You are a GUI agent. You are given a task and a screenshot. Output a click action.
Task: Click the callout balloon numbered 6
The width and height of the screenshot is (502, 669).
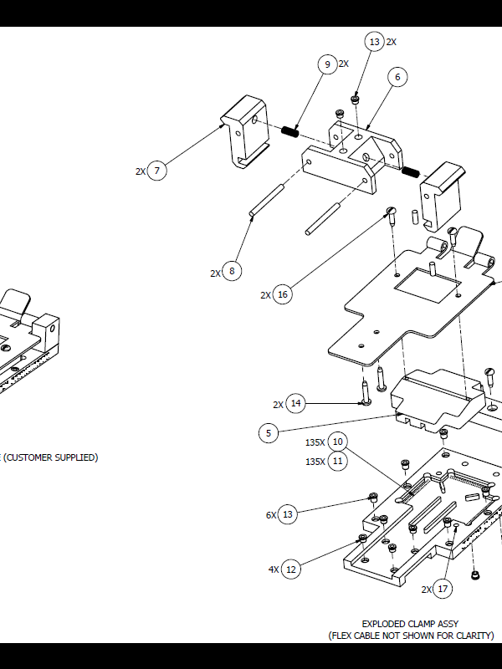(397, 77)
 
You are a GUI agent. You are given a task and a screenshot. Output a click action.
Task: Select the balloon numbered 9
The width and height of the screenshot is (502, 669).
(327, 64)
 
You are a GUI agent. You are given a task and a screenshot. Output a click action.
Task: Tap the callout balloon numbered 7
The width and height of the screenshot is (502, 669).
(156, 171)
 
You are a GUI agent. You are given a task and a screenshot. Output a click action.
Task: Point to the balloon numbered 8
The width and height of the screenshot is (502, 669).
(232, 271)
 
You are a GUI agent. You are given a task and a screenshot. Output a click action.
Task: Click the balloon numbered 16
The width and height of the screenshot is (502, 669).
(282, 294)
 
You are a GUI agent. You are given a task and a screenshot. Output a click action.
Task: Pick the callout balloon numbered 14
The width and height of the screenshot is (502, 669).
(295, 403)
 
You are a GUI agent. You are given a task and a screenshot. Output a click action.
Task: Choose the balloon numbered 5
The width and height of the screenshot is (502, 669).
(269, 433)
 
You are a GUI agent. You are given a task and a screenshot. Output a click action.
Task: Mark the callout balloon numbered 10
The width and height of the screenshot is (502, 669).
(337, 442)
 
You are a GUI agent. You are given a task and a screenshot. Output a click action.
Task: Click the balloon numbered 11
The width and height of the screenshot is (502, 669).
(337, 462)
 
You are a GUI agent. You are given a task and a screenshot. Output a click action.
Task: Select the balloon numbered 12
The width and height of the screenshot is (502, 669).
(290, 569)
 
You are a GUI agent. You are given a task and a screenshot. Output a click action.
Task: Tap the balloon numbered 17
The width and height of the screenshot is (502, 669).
(443, 589)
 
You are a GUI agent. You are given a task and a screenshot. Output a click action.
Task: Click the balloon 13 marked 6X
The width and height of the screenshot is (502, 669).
(287, 514)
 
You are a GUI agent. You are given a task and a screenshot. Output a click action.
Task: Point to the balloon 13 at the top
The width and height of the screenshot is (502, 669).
(374, 41)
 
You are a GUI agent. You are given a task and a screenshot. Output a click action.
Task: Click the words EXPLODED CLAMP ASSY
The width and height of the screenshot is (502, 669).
(410, 624)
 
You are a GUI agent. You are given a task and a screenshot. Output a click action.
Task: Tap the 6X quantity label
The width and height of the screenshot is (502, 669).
(271, 515)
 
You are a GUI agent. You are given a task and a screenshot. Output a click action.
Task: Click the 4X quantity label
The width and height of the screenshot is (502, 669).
(274, 569)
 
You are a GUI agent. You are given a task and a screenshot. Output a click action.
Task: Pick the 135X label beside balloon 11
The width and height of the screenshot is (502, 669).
(315, 462)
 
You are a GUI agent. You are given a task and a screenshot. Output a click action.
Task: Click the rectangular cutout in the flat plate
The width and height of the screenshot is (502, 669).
(428, 285)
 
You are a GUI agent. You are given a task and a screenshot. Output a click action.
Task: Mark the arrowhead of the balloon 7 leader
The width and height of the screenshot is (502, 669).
(222, 125)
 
